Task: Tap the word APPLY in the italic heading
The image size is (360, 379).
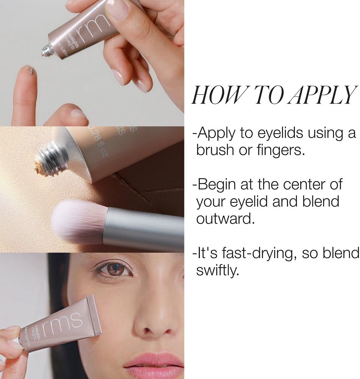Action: [323, 94]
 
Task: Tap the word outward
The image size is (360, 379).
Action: [225, 219]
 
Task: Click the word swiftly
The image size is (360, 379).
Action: [217, 271]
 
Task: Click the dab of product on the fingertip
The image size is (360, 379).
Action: [31, 70]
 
